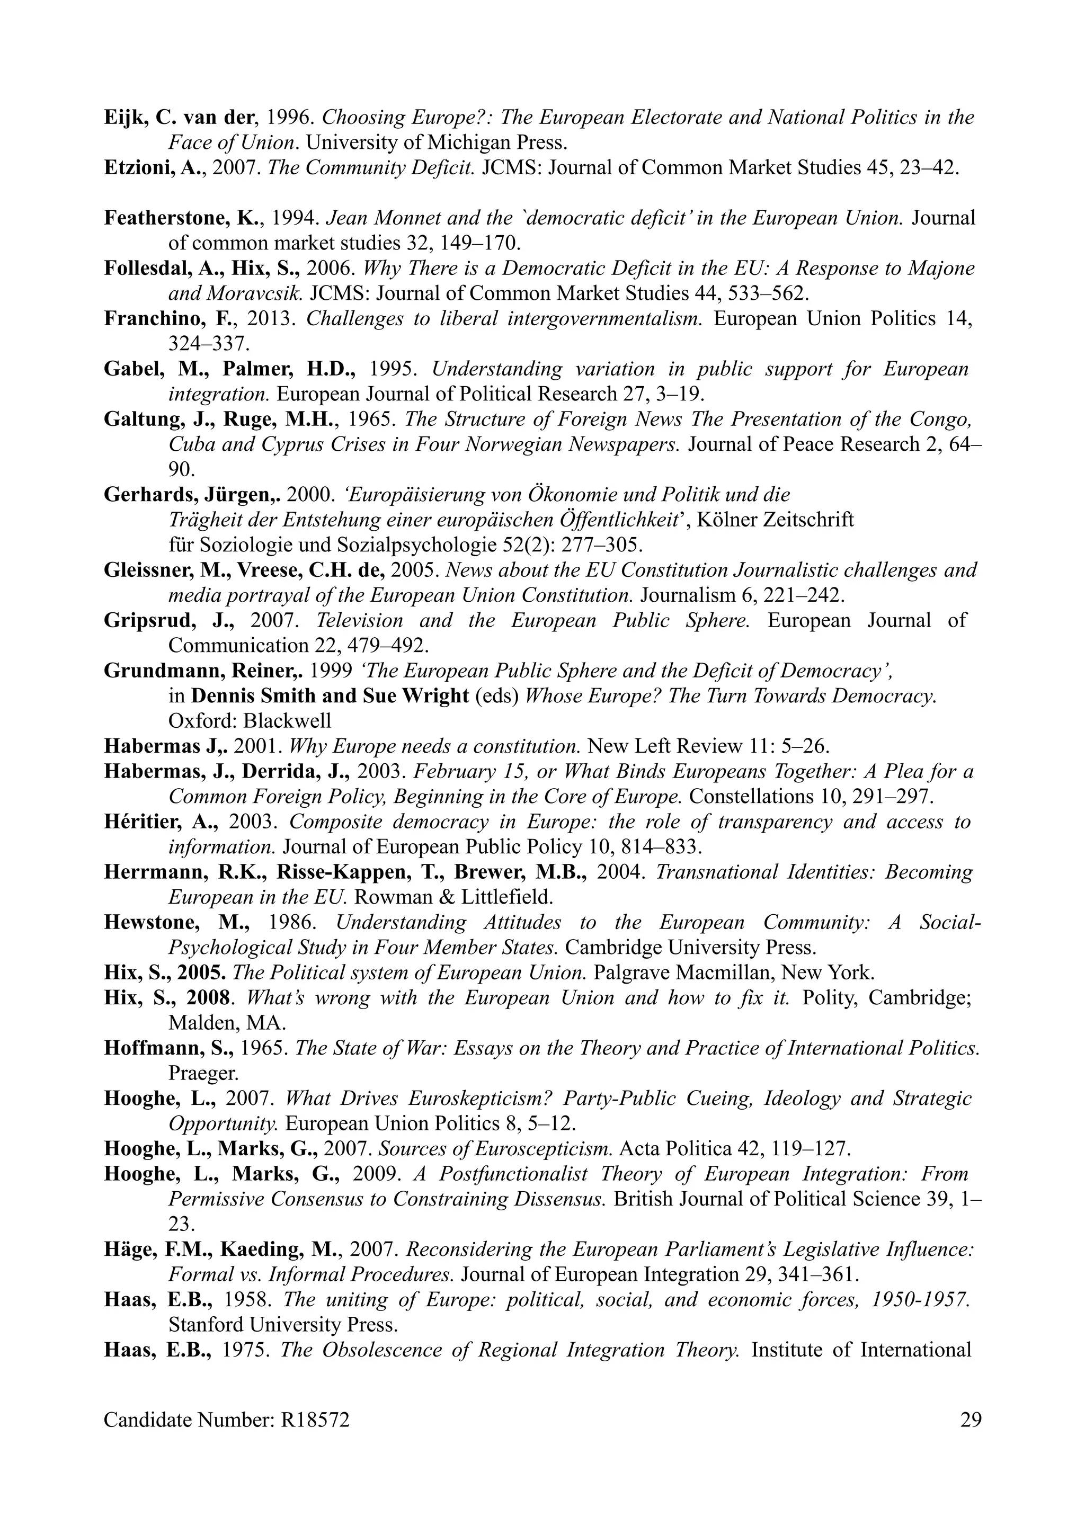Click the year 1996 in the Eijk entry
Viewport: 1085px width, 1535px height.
[291, 118]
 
